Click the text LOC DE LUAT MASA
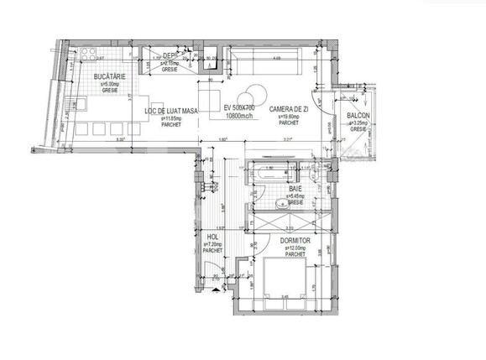171,111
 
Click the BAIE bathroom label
295,190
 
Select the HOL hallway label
212,237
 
